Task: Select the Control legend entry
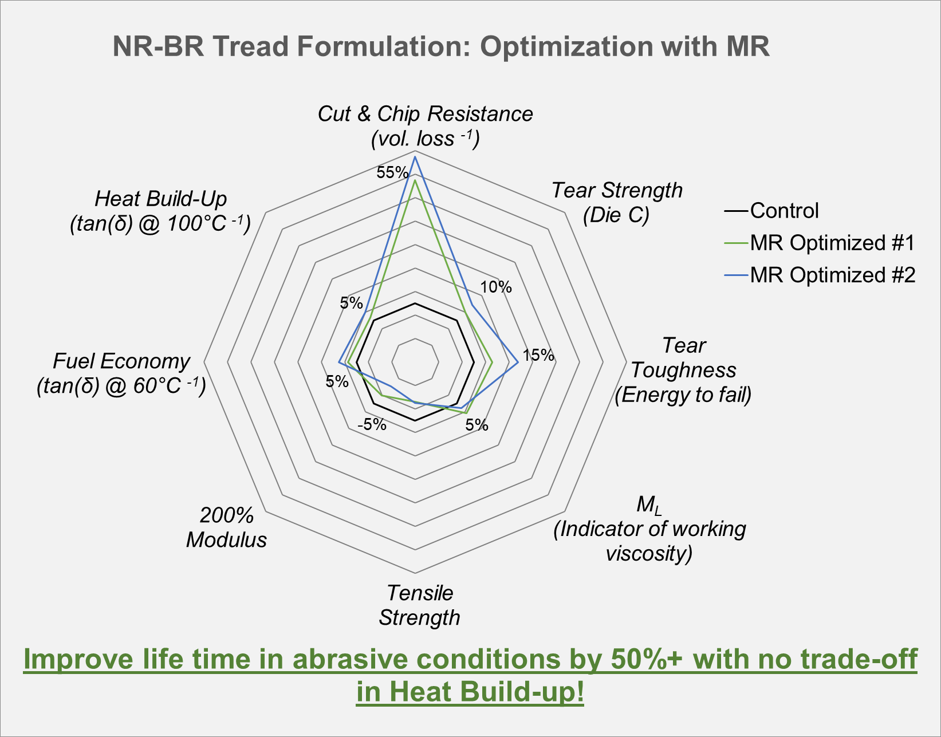[x=771, y=211]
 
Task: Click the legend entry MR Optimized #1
[x=820, y=243]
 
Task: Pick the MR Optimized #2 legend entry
[x=820, y=275]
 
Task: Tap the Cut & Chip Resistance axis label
[x=425, y=126]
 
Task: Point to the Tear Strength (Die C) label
[x=617, y=203]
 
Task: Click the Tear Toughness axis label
[x=683, y=370]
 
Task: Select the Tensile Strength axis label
[x=419, y=605]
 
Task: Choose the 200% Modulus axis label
[x=226, y=527]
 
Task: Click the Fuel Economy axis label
[x=121, y=373]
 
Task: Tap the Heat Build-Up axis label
[x=161, y=211]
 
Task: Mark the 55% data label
[x=392, y=172]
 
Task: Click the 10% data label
[x=496, y=286]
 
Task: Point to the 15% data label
[x=538, y=355]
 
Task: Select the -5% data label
[x=372, y=424]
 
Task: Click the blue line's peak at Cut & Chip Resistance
[x=415, y=157]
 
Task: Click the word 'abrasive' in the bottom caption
[x=349, y=659]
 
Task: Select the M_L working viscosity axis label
[x=649, y=529]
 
